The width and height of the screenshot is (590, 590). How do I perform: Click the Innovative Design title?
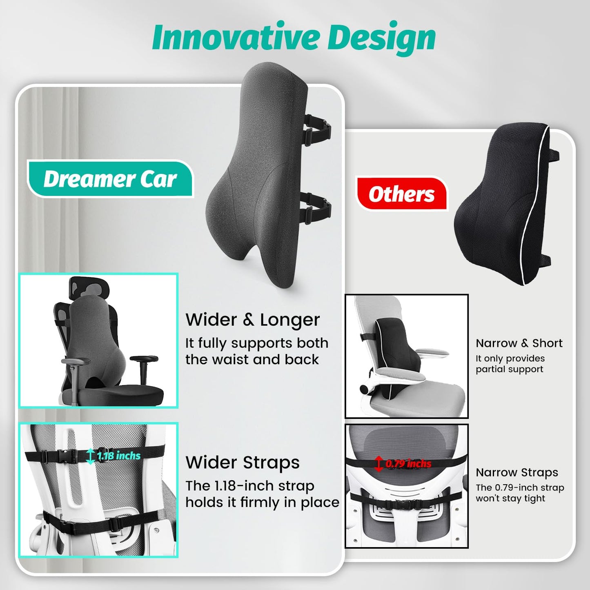click(294, 38)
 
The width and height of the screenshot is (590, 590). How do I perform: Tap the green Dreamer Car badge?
click(110, 179)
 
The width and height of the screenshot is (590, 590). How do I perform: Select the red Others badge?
click(401, 194)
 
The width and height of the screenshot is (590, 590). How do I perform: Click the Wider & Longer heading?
click(252, 319)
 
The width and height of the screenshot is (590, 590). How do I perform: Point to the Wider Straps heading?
click(243, 462)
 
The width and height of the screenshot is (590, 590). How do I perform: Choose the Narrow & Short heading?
click(519, 343)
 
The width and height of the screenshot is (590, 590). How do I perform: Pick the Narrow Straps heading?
click(517, 472)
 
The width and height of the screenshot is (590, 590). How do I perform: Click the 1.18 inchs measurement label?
click(119, 455)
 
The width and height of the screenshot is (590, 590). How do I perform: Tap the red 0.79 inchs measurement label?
click(408, 463)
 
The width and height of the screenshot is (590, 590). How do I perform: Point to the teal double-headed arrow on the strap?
click(91, 456)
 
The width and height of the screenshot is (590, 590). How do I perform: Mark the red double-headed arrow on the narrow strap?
click(379, 464)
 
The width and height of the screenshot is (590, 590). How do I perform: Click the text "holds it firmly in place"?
click(262, 502)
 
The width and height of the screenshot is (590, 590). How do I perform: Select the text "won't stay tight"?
click(510, 498)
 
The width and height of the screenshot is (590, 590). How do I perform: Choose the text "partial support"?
click(509, 369)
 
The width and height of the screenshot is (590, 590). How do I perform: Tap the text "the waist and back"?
click(252, 359)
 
